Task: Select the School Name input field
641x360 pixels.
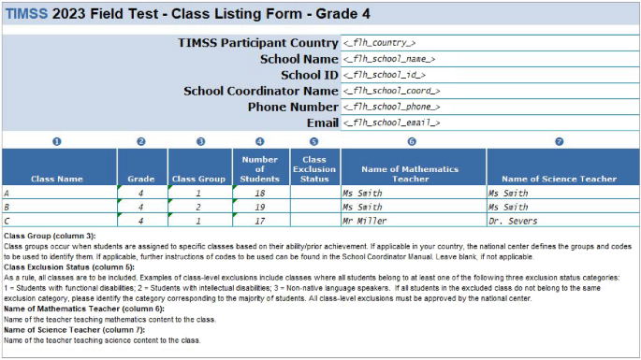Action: [388, 59]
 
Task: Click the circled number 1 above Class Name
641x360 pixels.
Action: [56, 141]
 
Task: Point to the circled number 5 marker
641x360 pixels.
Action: [313, 141]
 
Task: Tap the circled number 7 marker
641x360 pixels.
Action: [560, 141]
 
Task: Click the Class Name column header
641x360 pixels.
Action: [56, 178]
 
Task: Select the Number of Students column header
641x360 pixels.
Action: [259, 168]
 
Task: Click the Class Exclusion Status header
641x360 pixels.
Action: [313, 168]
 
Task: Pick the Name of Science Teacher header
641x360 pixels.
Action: [560, 178]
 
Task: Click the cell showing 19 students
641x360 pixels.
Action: [259, 207]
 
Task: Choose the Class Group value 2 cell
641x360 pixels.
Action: [199, 207]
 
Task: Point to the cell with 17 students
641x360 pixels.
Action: [259, 221]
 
